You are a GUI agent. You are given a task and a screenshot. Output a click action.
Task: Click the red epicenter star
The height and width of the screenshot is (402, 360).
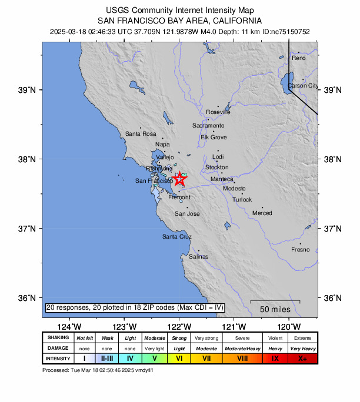[181, 179]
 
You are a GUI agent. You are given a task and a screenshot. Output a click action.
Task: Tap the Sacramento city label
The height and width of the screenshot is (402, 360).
[208, 126]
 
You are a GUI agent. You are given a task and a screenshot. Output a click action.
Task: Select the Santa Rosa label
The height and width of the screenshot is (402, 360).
[141, 134]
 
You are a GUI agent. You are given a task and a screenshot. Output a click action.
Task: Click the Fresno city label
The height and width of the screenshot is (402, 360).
[300, 250]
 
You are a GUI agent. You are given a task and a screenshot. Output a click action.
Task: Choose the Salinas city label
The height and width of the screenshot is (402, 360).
[198, 257]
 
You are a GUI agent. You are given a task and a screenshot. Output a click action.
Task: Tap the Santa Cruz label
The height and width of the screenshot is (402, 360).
[177, 236]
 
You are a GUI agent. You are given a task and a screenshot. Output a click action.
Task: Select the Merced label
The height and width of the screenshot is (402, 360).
[262, 213]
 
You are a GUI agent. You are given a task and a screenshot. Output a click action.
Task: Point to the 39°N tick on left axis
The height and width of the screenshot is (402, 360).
[29, 90]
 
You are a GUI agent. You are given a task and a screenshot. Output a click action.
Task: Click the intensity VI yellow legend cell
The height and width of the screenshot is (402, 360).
[180, 358]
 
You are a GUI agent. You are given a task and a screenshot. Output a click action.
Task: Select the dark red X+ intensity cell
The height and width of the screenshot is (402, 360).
[303, 358]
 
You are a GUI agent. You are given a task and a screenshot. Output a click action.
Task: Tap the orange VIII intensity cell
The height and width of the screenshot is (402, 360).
[242, 358]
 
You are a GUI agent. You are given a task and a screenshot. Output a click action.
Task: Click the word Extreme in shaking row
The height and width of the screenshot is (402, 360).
[303, 337]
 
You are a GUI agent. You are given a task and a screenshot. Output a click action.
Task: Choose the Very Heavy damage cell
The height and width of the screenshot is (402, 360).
[303, 348]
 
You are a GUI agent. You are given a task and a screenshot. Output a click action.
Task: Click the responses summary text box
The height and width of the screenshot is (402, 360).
[135, 307]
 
